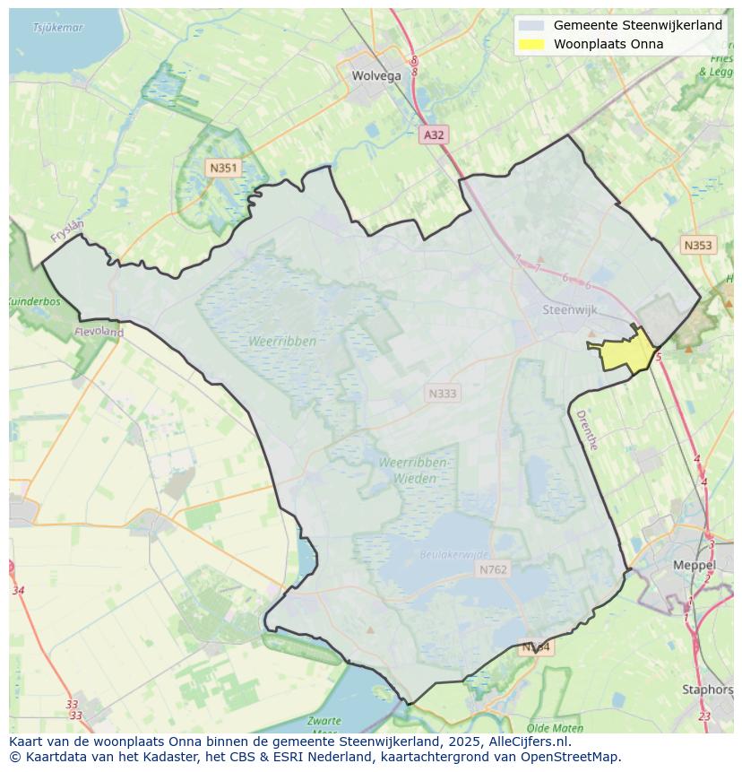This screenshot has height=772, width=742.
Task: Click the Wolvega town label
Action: tap(376, 76)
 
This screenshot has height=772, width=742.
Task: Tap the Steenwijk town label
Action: tap(570, 309)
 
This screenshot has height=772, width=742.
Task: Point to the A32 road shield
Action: tap(434, 134)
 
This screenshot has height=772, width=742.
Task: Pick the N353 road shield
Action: tap(698, 245)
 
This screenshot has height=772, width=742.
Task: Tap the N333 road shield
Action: tap(442, 393)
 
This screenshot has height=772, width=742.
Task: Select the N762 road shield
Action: tap(493, 569)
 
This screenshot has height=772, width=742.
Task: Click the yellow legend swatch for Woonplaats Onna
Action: tap(531, 44)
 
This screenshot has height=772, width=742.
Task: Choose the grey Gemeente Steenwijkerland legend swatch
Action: tap(531, 25)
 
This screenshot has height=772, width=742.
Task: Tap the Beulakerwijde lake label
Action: tap(454, 555)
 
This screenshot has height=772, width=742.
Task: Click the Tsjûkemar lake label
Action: tap(57, 28)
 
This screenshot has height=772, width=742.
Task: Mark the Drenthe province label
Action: tap(587, 429)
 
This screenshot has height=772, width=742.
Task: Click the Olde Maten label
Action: tap(556, 728)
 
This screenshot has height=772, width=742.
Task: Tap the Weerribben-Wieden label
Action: tap(413, 471)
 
